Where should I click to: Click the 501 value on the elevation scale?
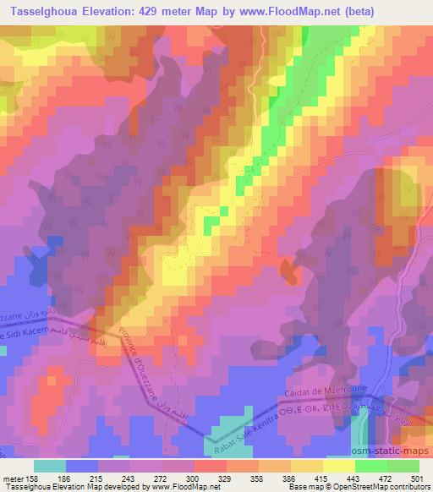point(415,478)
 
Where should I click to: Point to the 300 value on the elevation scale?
point(193,478)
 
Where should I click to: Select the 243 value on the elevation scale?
point(129,478)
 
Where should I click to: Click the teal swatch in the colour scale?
point(49,466)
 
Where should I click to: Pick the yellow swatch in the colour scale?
point(338,466)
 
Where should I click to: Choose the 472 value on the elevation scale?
point(386,478)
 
